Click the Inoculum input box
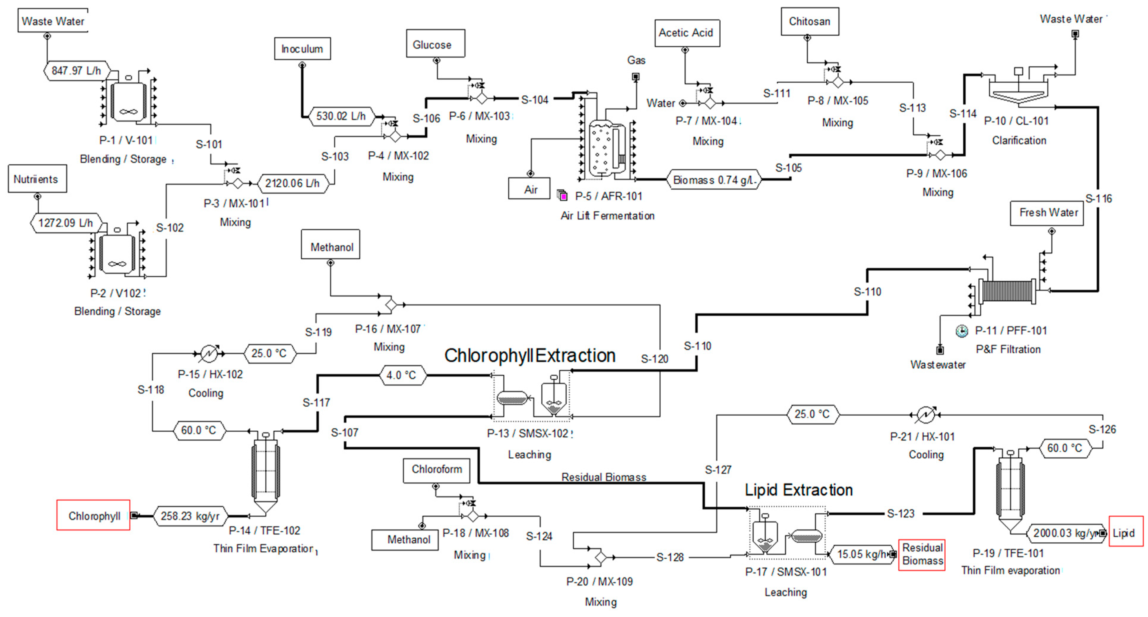[302, 49]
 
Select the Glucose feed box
[435, 44]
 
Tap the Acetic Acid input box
[687, 33]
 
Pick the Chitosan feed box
[810, 21]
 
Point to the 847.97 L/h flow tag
[77, 70]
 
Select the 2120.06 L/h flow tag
[293, 183]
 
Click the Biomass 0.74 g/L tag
[713, 180]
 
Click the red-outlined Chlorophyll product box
[93, 515]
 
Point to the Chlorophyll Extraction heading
[530, 355]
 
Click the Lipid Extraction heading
[799, 490]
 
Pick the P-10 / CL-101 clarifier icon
[1018, 88]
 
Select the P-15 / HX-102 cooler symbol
[209, 353]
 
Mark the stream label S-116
[1098, 199]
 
